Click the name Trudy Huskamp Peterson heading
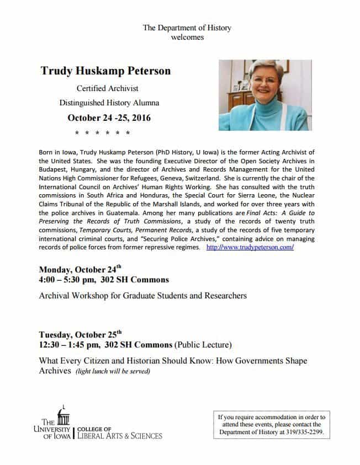click(105, 71)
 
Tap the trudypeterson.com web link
click(250, 248)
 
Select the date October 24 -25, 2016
click(109, 117)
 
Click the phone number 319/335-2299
click(301, 432)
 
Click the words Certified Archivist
click(107, 88)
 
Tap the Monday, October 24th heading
click(80, 270)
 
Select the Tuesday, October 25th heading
click(80, 334)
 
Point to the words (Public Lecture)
click(203, 345)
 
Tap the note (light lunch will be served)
click(113, 371)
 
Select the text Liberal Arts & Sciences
click(120, 436)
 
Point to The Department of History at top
click(187, 28)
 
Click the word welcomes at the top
click(187, 37)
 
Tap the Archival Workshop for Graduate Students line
click(142, 296)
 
